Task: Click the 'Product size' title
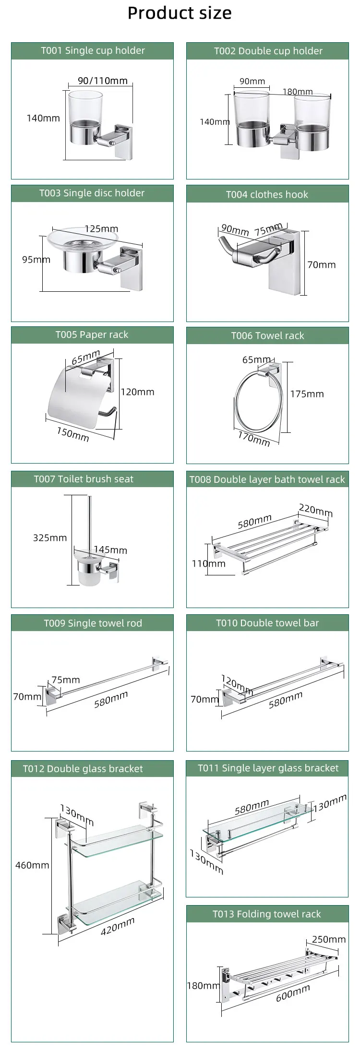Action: pyautogui.click(x=180, y=13)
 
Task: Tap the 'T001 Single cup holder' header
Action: pyautogui.click(x=93, y=50)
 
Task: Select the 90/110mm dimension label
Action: pyautogui.click(x=103, y=81)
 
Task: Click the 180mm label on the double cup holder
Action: pyautogui.click(x=298, y=92)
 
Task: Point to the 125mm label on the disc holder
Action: pyautogui.click(x=101, y=229)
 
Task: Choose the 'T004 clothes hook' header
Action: pyautogui.click(x=267, y=194)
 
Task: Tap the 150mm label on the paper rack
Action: pyautogui.click(x=73, y=434)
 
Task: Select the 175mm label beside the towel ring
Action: pyautogui.click(x=307, y=394)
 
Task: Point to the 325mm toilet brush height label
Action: pyautogui.click(x=50, y=537)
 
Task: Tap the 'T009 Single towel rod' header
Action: pyautogui.click(x=93, y=623)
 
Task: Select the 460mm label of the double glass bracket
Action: pyautogui.click(x=32, y=865)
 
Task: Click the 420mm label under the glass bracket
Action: pyautogui.click(x=118, y=926)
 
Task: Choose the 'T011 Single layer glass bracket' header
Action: pyautogui.click(x=268, y=768)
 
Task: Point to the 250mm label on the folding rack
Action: pyautogui.click(x=329, y=939)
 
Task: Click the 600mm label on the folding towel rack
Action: pyautogui.click(x=293, y=993)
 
